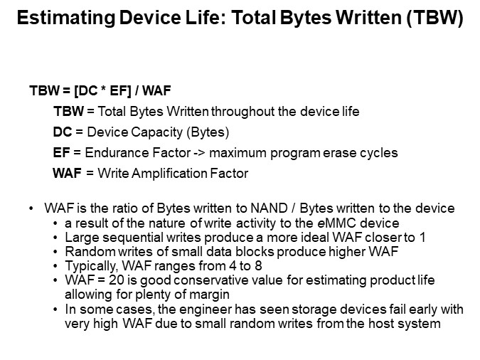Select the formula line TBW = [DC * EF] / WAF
pos(100,91)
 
